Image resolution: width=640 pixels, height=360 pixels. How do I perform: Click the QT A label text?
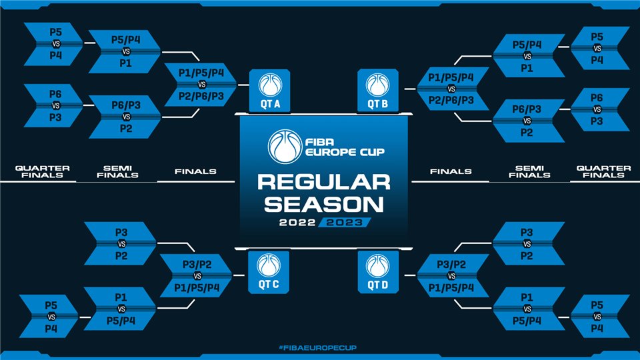coord(270,104)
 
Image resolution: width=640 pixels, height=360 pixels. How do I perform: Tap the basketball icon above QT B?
coord(377,85)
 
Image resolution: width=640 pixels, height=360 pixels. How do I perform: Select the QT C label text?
coord(269,284)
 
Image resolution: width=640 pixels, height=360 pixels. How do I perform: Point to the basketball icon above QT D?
coord(377,265)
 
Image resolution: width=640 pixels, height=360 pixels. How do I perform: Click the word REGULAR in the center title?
coord(324,182)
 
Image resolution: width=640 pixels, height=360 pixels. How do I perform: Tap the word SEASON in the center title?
coord(324,204)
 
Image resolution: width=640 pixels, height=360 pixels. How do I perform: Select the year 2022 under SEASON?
coord(297,223)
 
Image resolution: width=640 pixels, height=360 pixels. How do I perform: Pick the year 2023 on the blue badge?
coord(345,223)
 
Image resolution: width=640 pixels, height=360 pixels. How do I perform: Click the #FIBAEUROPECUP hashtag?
coord(317,348)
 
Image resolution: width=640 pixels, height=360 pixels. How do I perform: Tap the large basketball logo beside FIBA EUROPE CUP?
coord(285,146)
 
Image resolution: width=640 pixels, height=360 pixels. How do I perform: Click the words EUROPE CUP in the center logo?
coord(345,152)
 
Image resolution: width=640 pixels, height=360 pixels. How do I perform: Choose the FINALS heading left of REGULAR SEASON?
coord(195,171)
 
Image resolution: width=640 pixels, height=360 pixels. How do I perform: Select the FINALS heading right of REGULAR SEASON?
coord(451,171)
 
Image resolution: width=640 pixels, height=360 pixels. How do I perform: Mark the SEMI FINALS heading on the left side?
coord(117,171)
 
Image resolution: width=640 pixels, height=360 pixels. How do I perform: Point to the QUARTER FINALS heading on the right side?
coord(603,171)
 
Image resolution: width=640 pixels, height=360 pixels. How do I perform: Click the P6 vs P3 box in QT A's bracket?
coord(53,106)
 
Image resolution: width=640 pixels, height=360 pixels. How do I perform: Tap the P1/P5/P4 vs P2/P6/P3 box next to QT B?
coord(452,89)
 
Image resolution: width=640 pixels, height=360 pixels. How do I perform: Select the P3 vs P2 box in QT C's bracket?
coord(121,244)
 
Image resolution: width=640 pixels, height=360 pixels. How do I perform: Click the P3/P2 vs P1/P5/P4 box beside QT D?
coord(452,276)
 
